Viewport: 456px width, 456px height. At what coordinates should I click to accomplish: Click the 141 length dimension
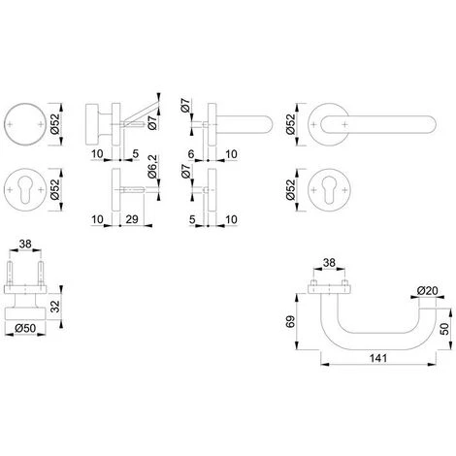coord(378,358)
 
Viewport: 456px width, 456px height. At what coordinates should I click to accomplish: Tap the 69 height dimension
coord(291,322)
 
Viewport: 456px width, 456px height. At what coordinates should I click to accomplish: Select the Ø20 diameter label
coord(427,291)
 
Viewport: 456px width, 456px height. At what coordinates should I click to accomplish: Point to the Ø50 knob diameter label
coord(25,328)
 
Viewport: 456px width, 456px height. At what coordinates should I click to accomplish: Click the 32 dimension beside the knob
coord(56,306)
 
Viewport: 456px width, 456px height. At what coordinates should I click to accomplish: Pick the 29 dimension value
coord(132,219)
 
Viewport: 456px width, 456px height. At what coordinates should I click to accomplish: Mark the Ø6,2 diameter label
coord(152,167)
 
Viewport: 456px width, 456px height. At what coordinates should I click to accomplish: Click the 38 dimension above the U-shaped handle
coord(329,263)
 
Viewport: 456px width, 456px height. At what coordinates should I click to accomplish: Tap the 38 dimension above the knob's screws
coord(25,244)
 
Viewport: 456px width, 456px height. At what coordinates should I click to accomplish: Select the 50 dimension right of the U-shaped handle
coord(445,329)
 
